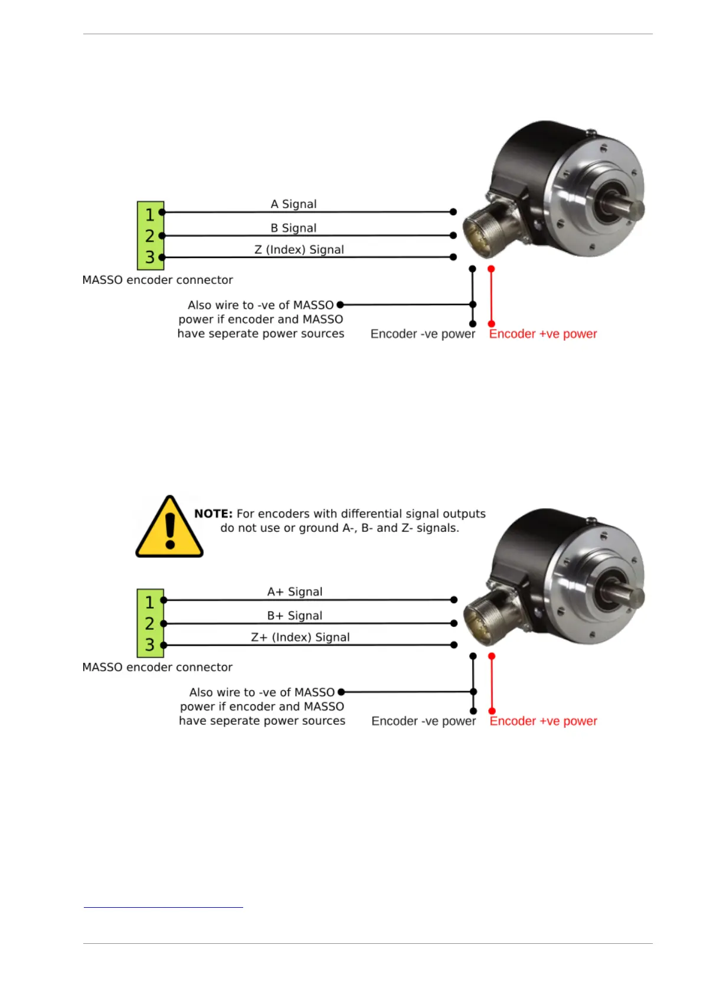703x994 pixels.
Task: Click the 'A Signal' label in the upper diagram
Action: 293,204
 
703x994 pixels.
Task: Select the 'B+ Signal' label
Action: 295,616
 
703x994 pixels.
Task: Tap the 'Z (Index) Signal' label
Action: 299,250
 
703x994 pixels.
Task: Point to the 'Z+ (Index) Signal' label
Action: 300,637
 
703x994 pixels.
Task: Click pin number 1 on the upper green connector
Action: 150,214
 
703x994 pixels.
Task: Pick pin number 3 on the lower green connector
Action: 150,645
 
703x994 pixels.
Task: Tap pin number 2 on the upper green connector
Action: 150,236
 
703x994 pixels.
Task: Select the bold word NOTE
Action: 213,514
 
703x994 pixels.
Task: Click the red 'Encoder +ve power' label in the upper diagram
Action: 542,334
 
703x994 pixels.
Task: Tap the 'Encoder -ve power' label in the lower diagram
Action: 423,721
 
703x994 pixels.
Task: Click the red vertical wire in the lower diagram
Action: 492,684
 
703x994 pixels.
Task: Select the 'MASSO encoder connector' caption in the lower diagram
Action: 158,668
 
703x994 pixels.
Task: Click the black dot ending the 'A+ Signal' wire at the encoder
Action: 454,600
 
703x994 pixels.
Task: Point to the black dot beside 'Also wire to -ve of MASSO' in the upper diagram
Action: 340,305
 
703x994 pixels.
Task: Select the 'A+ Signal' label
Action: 295,592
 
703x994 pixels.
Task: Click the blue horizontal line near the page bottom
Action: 164,907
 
